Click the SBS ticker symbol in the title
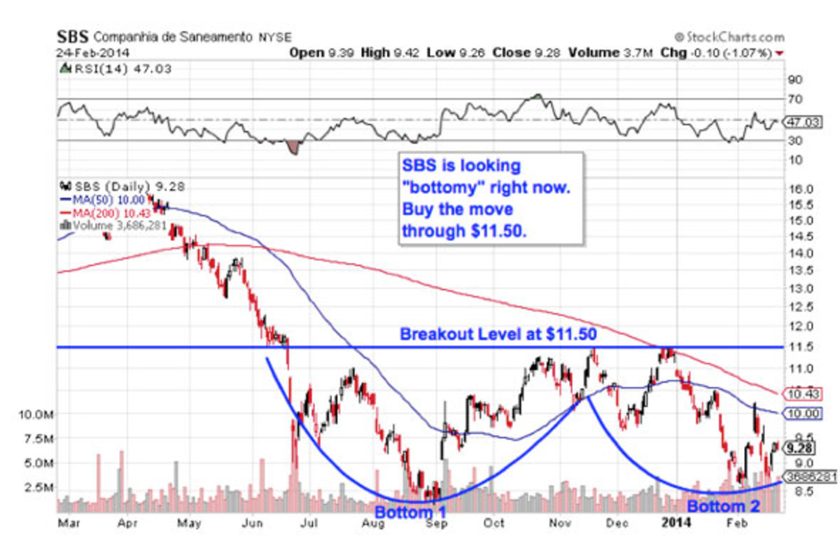tap(73, 36)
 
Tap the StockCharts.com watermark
tap(729, 37)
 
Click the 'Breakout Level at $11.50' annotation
tap(498, 335)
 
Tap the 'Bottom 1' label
tap(410, 512)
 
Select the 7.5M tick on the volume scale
tap(34, 439)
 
